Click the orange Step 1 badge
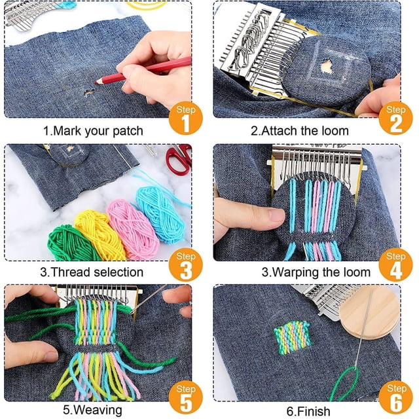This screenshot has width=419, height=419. [x=186, y=118]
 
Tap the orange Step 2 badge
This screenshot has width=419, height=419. [x=395, y=118]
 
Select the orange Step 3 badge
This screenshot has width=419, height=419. [x=186, y=264]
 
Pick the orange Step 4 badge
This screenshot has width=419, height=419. [x=395, y=264]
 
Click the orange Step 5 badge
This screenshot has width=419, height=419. [x=186, y=397]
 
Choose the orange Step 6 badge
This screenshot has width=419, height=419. [x=396, y=397]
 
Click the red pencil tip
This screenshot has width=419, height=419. [x=96, y=83]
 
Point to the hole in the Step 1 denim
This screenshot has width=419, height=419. [x=89, y=93]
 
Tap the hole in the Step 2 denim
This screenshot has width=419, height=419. [x=326, y=65]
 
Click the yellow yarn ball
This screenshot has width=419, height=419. [x=100, y=234]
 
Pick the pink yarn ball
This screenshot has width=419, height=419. [x=132, y=229]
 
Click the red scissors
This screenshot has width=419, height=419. [x=179, y=158]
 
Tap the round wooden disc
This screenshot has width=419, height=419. [x=370, y=313]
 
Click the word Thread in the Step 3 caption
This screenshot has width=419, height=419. [x=69, y=272]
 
